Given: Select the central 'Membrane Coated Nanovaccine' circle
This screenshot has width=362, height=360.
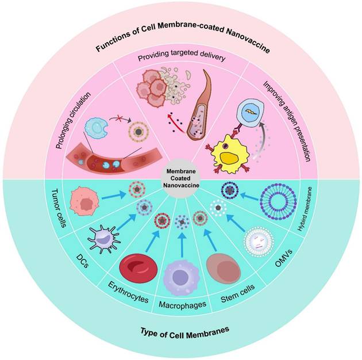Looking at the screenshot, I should [x=181, y=180].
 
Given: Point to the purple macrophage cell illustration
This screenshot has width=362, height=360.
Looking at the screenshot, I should [x=181, y=278].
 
